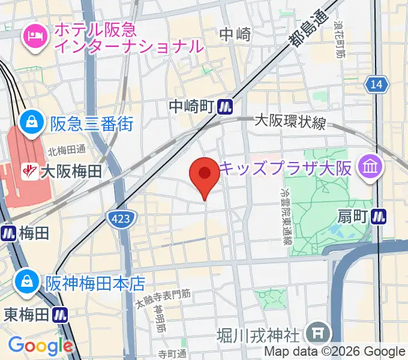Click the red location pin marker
pos(204,175)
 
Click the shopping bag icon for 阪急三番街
pos(28,124)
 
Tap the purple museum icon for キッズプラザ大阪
pos(370,167)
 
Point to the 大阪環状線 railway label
pos(290,123)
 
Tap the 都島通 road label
pos(305,30)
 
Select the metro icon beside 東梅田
pos(59,314)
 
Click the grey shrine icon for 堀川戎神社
pos(315,332)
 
